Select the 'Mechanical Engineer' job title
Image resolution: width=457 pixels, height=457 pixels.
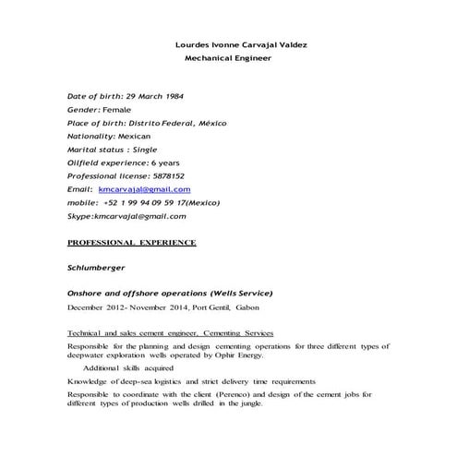[229, 57]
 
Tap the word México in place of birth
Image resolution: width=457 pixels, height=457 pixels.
[208, 123]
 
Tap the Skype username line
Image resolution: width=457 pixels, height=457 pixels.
[127, 216]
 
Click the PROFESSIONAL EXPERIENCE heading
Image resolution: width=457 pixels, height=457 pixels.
[132, 242]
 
